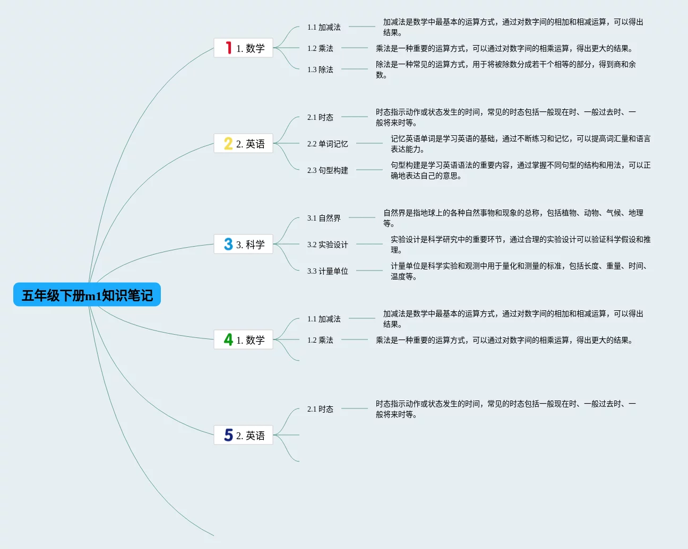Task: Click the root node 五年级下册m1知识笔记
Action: pyautogui.click(x=87, y=295)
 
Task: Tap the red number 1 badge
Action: pyautogui.click(x=228, y=48)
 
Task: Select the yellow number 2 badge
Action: pyautogui.click(x=228, y=143)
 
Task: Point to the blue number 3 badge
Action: pyautogui.click(x=228, y=244)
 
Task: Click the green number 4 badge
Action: pyautogui.click(x=228, y=339)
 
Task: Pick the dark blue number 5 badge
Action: pyautogui.click(x=228, y=435)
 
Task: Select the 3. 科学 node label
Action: pyautogui.click(x=250, y=245)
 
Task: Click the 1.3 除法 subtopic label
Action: pyautogui.click(x=320, y=69)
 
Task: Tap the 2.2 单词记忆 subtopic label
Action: pyautogui.click(x=328, y=144)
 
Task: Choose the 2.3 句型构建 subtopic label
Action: pyautogui.click(x=328, y=170)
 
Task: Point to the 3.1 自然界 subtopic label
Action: pyautogui.click(x=324, y=218)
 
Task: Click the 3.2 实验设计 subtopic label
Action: pyautogui.click(x=328, y=245)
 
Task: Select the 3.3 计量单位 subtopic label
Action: pyautogui.click(x=328, y=271)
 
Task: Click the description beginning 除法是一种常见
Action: pyautogui.click(x=505, y=69)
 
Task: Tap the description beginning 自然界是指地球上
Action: pyautogui.click(x=513, y=218)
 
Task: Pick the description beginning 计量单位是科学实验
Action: pyautogui.click(x=520, y=271)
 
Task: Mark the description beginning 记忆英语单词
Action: pyautogui.click(x=520, y=144)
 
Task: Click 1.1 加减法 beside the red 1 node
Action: pyautogui.click(x=324, y=27)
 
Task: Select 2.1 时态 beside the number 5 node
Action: pyautogui.click(x=320, y=409)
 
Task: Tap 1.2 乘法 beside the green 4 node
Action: pyautogui.click(x=320, y=340)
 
